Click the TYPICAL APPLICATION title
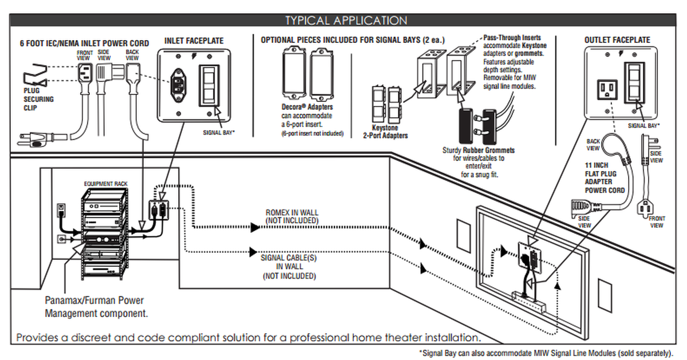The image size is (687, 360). tap(346, 21)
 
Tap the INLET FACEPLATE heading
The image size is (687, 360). tap(194, 41)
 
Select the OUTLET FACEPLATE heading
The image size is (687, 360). tap(617, 40)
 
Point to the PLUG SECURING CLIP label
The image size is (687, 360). tap(38, 99)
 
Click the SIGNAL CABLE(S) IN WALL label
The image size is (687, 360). tap(289, 267)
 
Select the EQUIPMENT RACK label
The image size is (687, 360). tap(105, 184)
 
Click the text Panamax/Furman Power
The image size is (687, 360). tap(94, 300)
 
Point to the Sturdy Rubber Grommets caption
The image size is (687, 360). tap(479, 151)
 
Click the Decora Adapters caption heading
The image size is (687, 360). tap(307, 107)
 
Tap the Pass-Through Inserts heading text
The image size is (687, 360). tap(512, 37)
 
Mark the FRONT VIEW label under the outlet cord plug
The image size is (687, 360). tap(657, 222)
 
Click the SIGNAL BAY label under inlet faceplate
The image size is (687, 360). tap(220, 132)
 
